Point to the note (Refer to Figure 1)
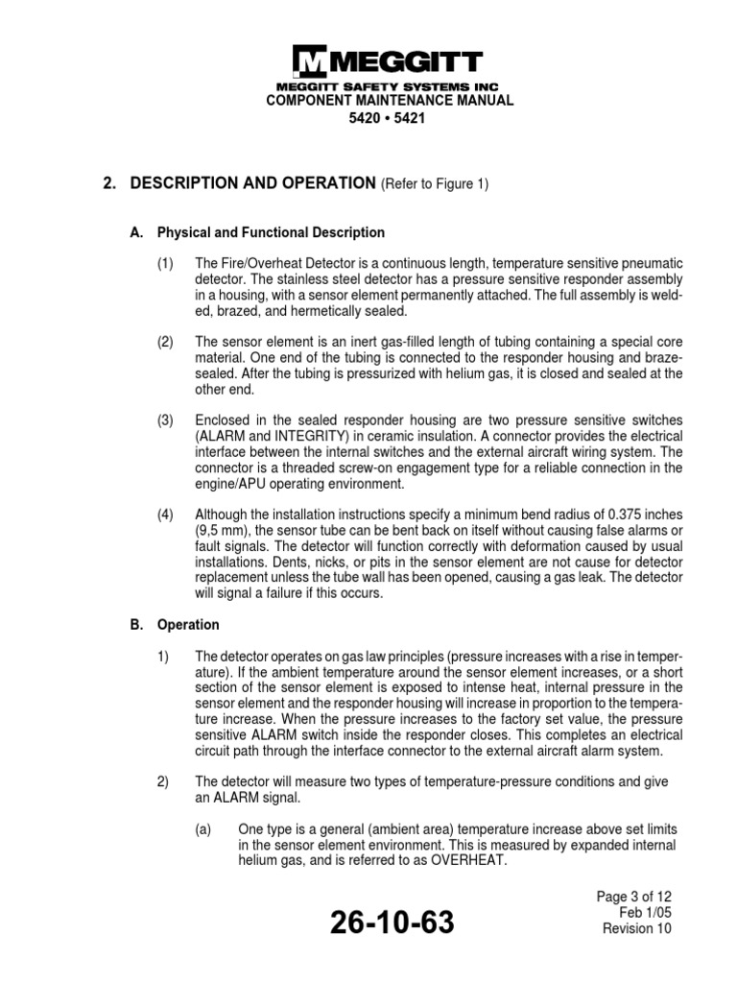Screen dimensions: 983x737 pyautogui.click(x=436, y=185)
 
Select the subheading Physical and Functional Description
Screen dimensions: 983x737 pyautogui.click(x=271, y=232)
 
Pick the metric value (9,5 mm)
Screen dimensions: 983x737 pyautogui.click(x=223, y=531)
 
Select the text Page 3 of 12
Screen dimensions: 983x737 pyautogui.click(x=634, y=897)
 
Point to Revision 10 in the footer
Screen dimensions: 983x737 pyautogui.click(x=636, y=928)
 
